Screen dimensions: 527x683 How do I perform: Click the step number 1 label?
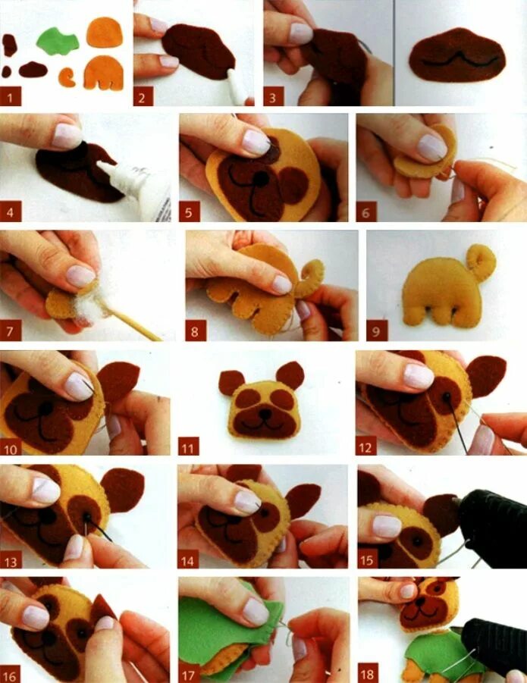click(11, 96)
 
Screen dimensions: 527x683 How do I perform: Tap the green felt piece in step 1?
click(58, 41)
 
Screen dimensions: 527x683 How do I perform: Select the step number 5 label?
click(189, 211)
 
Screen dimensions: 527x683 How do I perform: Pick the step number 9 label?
click(377, 331)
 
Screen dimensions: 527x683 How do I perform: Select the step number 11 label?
click(189, 446)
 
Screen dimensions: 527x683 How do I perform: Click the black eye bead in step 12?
click(447, 396)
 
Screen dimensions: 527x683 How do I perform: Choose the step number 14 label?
click(188, 559)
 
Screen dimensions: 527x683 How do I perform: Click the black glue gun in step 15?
click(491, 528)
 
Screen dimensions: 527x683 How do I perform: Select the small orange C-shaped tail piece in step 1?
click(67, 77)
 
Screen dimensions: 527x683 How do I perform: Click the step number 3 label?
click(273, 96)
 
